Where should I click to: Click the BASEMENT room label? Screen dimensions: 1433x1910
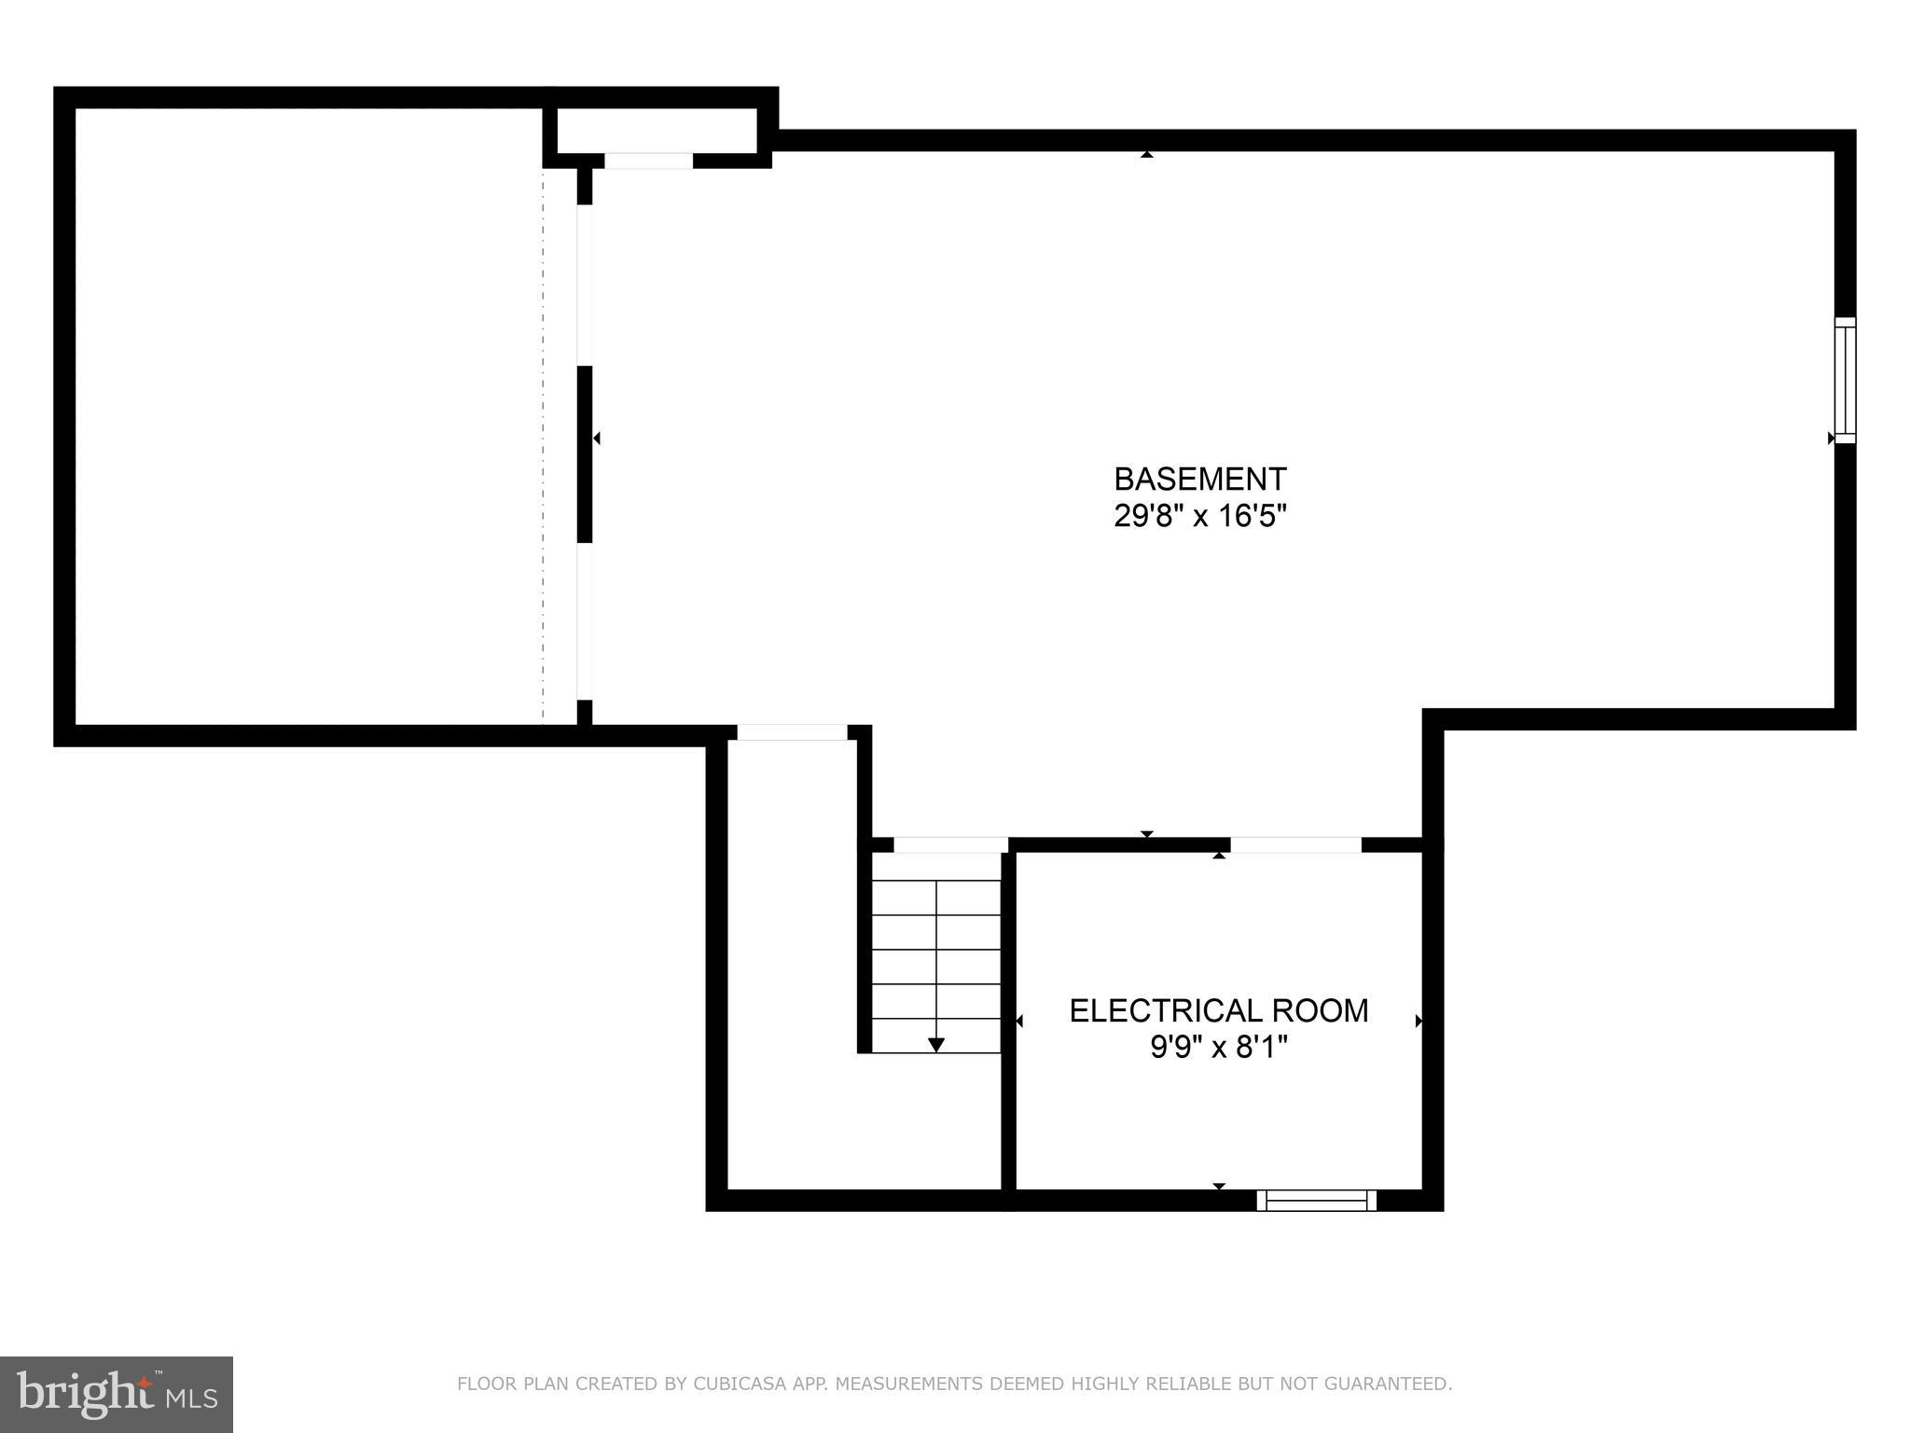1199,480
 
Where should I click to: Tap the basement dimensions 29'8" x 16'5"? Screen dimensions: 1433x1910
1199,516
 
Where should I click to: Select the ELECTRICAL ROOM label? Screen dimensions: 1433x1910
1218,1010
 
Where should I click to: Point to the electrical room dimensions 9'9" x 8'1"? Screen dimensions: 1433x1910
1218,1048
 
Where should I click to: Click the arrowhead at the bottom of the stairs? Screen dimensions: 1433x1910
936,1045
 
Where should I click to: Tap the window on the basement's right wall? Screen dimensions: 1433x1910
1845,380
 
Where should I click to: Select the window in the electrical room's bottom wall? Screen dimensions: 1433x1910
1316,1200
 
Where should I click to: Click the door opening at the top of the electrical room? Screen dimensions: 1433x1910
1295,845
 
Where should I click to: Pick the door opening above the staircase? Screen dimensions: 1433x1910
950,845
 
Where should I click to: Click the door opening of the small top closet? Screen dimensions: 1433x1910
648,160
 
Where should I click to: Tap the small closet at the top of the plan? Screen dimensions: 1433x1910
657,131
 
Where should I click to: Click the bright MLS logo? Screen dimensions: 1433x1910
116,1395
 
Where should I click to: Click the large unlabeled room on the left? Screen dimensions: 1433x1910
308,416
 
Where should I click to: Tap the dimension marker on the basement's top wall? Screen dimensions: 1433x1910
1147,154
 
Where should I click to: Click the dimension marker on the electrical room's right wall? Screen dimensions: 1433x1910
1419,1022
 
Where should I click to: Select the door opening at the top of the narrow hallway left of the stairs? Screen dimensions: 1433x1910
792,732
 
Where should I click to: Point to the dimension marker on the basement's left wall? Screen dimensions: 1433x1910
597,438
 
